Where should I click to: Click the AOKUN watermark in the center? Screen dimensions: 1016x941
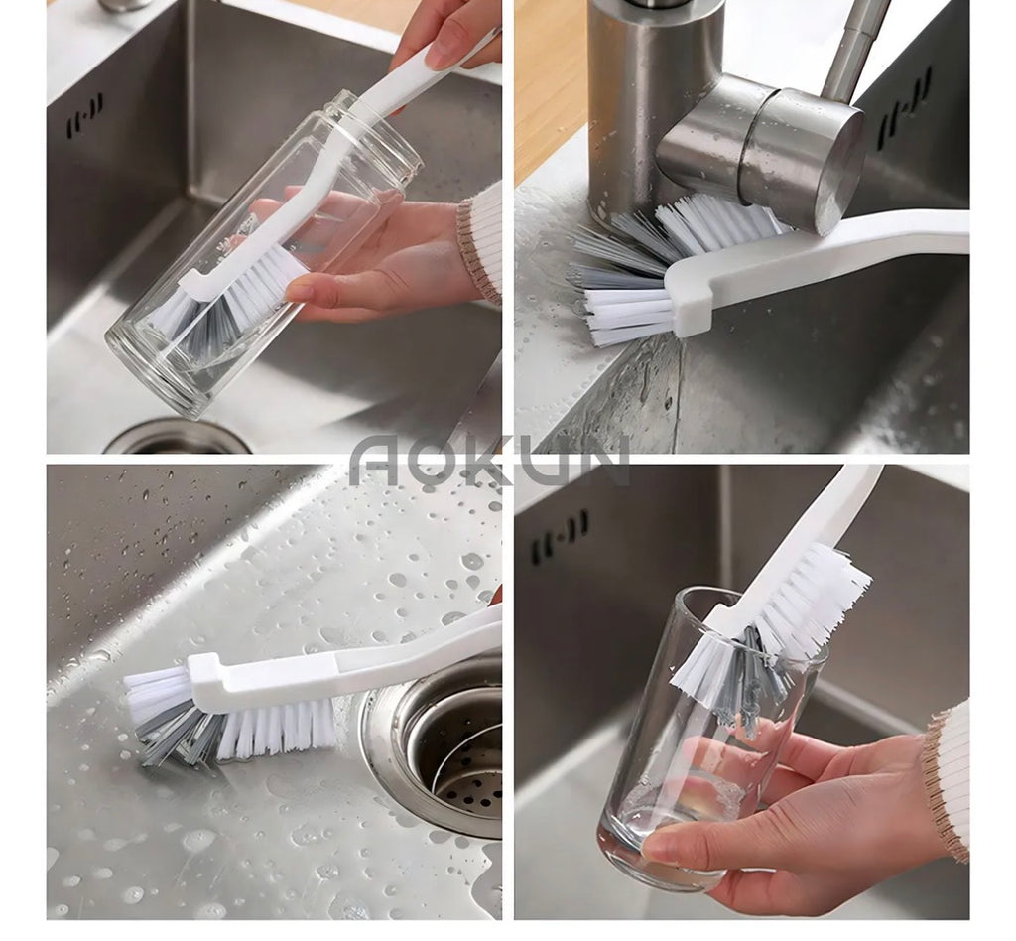coord(489,461)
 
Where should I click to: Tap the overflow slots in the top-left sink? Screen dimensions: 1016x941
coord(84,117)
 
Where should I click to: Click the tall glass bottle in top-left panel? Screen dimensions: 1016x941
coord(262,253)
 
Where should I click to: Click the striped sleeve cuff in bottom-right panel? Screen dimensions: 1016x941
coord(948,777)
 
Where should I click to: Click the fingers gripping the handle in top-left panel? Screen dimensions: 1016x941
coord(447,39)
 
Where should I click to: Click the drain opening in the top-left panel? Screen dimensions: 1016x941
coord(179,438)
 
